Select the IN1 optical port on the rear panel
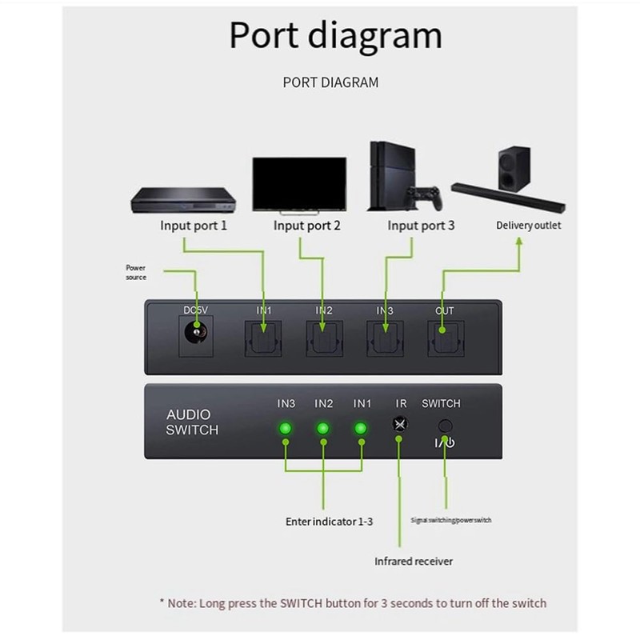click(x=262, y=338)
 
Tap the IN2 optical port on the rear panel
click(x=324, y=338)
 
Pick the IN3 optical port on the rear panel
click(x=386, y=338)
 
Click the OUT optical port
click(x=445, y=338)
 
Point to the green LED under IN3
click(x=285, y=429)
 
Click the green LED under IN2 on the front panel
click(x=323, y=429)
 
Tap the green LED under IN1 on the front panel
click(x=361, y=429)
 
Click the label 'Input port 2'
click(x=307, y=226)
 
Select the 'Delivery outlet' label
click(x=528, y=226)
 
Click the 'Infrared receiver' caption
click(x=414, y=561)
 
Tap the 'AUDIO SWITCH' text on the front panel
click(x=192, y=422)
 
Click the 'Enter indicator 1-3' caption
click(x=329, y=521)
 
